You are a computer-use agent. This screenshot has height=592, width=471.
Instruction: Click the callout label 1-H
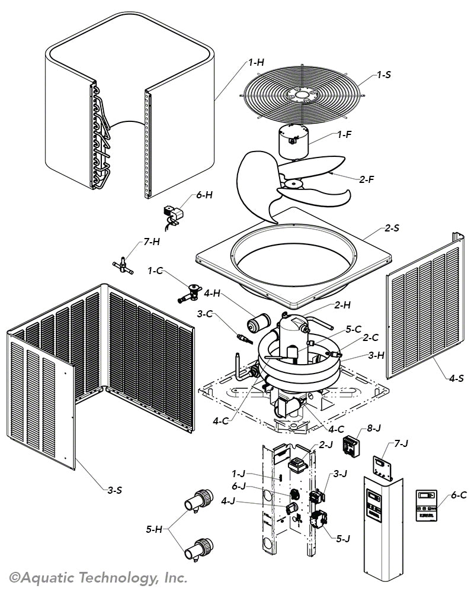point(256,62)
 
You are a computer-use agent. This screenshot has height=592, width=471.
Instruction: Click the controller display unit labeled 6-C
point(427,504)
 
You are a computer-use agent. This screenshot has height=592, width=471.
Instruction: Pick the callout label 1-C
point(155,271)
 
